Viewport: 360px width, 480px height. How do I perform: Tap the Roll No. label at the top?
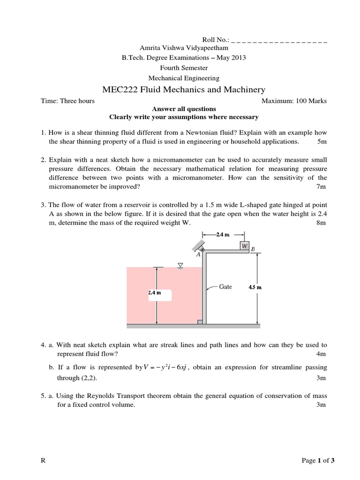coord(215,40)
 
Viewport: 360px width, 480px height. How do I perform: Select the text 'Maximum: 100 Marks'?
coord(294,101)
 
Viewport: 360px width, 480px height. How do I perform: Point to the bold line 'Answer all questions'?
coord(183,109)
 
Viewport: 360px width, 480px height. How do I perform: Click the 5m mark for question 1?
coord(322,141)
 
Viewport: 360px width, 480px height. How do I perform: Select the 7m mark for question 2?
coord(321,187)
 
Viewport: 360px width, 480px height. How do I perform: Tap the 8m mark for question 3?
coord(321,223)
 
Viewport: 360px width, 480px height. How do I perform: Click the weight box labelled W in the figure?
coord(244,246)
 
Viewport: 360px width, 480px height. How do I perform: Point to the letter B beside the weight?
coord(253,249)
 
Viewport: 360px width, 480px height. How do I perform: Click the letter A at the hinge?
coord(198,255)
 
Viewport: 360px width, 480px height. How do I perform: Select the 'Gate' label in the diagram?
coord(225,287)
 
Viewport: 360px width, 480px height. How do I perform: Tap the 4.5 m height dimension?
coord(255,287)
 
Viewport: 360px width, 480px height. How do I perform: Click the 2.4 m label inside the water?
coord(155,292)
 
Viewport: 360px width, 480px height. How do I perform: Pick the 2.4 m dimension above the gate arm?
coord(223,234)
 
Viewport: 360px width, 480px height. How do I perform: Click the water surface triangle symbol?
coord(180,266)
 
